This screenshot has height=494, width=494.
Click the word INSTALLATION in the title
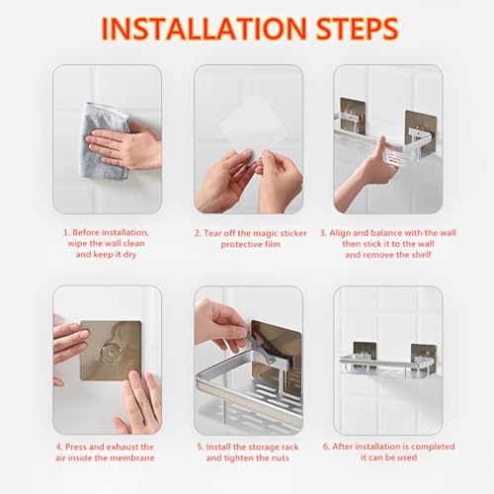[x=205, y=29]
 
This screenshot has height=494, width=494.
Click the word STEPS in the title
[x=358, y=29]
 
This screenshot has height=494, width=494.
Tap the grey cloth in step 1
[x=104, y=141]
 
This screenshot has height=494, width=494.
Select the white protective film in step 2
[x=254, y=116]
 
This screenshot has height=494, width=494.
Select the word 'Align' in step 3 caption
[x=340, y=233]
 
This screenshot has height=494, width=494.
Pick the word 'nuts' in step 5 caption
[x=280, y=458]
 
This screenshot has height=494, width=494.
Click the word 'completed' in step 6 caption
[x=433, y=447]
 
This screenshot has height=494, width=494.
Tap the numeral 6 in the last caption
[x=325, y=447]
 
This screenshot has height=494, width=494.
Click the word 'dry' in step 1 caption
[x=129, y=255]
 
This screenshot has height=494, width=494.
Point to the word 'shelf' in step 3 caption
[x=420, y=255]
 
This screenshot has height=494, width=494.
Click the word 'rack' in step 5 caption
[x=289, y=447]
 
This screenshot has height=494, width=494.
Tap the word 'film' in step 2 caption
[x=273, y=244]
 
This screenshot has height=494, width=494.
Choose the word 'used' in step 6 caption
[x=407, y=457]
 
